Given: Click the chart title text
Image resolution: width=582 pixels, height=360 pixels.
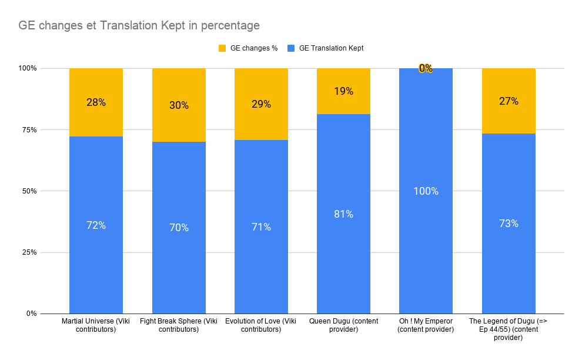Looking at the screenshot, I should click(139, 25).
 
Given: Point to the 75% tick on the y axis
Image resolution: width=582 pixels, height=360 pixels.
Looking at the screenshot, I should click(28, 129).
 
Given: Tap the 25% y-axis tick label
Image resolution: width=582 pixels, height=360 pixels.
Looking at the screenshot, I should click(28, 252).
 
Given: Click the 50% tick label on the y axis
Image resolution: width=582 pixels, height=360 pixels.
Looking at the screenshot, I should click(28, 191).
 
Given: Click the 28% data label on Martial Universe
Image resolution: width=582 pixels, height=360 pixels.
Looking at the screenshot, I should click(96, 102).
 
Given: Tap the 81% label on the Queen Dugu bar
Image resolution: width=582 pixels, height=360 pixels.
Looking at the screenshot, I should click(343, 214).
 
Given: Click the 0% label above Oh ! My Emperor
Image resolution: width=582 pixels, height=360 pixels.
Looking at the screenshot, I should click(426, 68).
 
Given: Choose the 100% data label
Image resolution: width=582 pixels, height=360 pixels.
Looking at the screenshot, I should click(426, 191).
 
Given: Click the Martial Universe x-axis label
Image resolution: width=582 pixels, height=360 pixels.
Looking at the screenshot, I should click(96, 325).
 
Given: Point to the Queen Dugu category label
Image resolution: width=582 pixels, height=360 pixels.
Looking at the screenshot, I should click(343, 325).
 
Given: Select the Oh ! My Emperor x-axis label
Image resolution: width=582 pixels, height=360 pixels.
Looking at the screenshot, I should click(426, 325).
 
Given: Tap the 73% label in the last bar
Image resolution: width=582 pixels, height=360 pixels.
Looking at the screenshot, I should click(509, 224).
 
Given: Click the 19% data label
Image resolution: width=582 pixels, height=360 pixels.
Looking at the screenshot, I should click(343, 91).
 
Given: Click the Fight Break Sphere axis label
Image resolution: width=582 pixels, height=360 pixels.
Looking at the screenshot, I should click(179, 325).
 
